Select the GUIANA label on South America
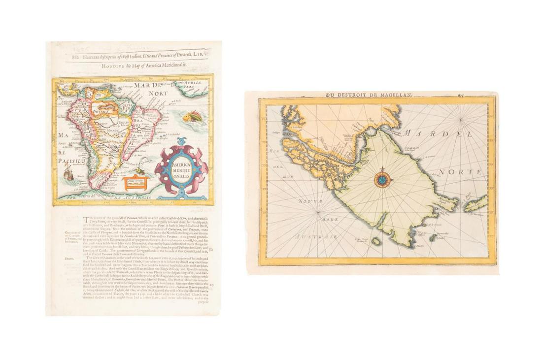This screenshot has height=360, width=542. [101, 111]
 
